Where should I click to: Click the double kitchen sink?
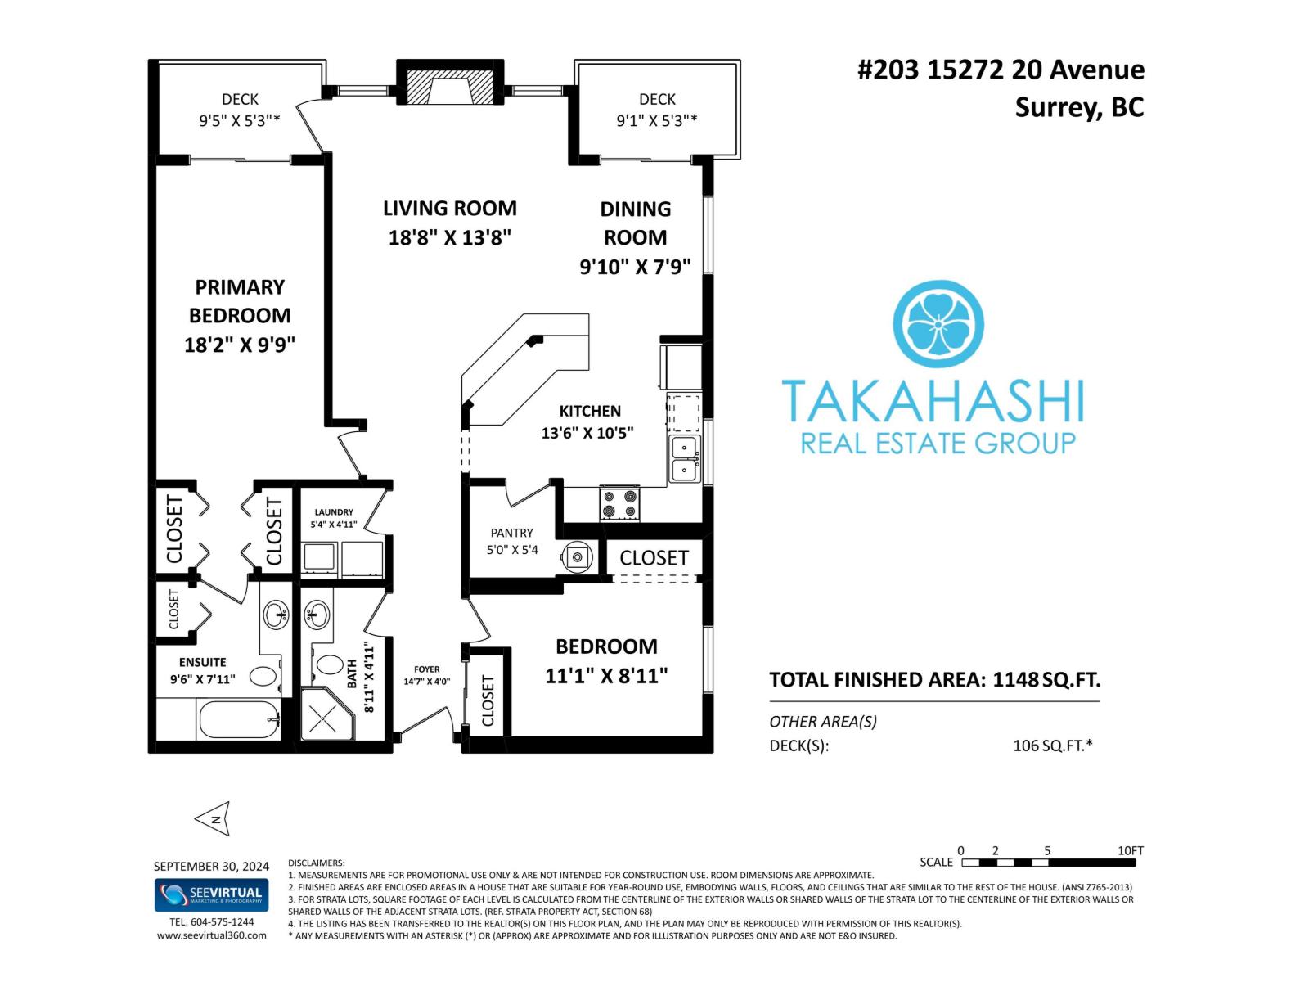click(x=684, y=459)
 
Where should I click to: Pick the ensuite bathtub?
click(x=238, y=720)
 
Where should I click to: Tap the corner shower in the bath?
click(x=326, y=717)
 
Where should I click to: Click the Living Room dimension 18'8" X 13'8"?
click(x=449, y=238)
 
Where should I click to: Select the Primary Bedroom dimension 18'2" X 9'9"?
click(x=239, y=345)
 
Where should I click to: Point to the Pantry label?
click(x=511, y=533)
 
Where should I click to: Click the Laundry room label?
click(x=334, y=512)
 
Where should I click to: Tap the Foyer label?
click(x=426, y=669)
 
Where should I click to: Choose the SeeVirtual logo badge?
click(x=211, y=894)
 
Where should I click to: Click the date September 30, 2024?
click(x=211, y=867)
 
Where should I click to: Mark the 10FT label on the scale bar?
click(x=1130, y=851)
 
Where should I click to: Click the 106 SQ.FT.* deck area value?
click(x=1052, y=746)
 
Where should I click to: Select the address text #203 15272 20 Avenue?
click(x=1001, y=70)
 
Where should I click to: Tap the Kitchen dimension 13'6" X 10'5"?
click(x=587, y=433)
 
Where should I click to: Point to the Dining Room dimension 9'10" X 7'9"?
click(x=635, y=267)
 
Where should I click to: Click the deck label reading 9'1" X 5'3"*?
click(x=657, y=120)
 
